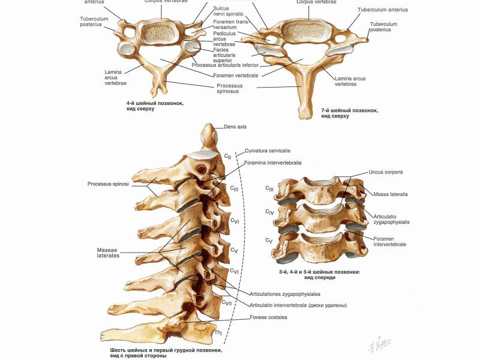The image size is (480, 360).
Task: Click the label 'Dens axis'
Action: [x=235, y=127]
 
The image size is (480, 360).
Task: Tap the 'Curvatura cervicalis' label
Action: [x=268, y=151]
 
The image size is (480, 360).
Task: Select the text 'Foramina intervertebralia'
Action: [x=272, y=163]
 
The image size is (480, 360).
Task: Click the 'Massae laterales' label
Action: [x=108, y=253]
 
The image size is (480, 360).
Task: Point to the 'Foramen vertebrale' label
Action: [x=236, y=76]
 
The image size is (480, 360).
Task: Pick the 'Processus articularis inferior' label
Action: [x=225, y=65]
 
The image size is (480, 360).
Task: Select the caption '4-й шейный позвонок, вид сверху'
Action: [x=151, y=106]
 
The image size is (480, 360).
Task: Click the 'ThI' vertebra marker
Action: [x=219, y=332]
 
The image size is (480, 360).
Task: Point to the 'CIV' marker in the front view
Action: [x=270, y=212]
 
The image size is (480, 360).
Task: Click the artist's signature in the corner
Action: [x=381, y=343]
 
